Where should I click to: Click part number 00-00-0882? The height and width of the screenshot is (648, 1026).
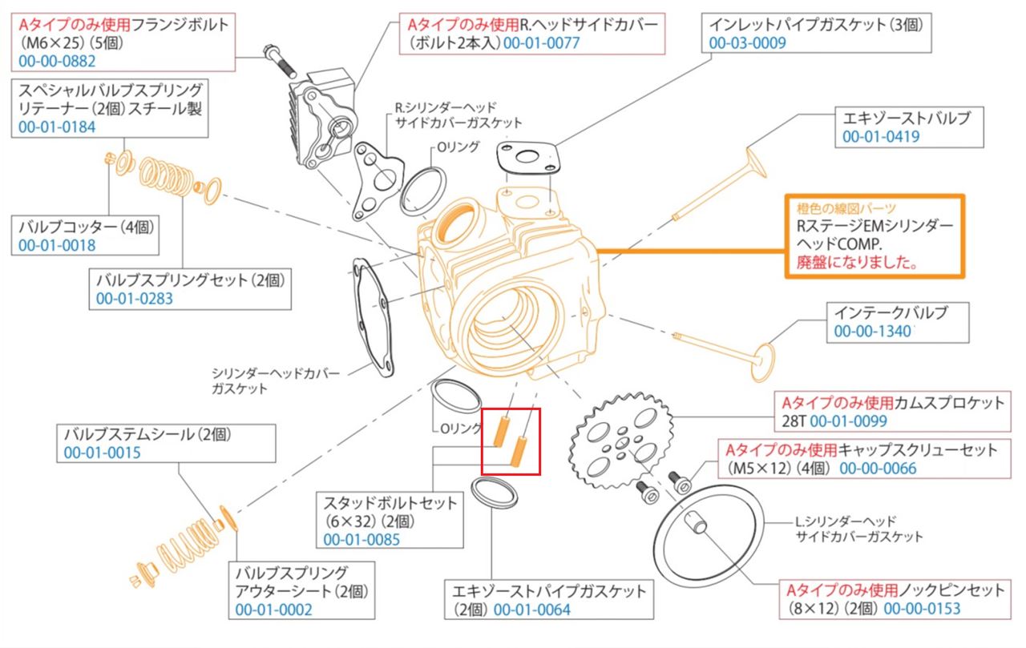[57, 62]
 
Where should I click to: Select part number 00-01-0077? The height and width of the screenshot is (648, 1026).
[541, 43]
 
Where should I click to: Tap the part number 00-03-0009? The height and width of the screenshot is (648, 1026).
[748, 43]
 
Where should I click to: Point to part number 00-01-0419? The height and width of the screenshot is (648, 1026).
[881, 136]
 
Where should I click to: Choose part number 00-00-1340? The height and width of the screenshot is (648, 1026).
[873, 332]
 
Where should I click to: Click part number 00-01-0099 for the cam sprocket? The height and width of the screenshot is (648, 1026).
[848, 421]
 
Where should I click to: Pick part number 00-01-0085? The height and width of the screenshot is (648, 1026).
[362, 540]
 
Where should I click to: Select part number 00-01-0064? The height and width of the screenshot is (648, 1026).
[532, 610]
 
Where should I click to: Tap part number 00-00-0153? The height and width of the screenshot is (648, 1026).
[922, 609]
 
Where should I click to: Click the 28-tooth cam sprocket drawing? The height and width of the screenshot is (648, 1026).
[620, 441]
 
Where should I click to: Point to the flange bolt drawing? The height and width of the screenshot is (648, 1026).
[280, 61]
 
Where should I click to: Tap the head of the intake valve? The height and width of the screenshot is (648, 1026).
[762, 362]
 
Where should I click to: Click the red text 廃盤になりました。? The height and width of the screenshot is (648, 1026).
[857, 262]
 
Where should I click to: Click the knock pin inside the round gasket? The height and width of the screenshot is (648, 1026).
[695, 522]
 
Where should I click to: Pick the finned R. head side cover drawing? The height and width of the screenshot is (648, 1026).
[323, 119]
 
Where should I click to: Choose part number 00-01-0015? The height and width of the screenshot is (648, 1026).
[102, 453]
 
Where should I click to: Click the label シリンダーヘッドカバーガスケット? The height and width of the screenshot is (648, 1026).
[275, 380]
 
